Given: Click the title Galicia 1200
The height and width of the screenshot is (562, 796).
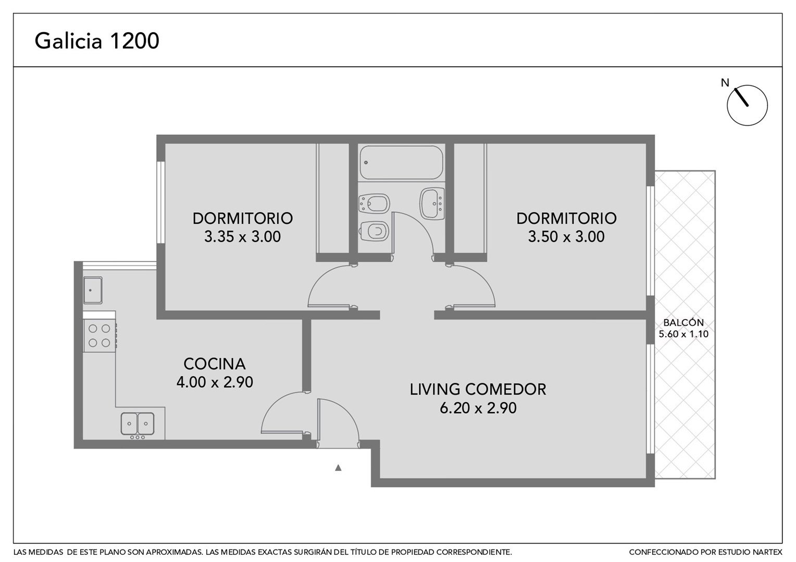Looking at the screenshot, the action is click(97, 41).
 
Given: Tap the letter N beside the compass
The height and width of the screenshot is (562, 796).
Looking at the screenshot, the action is click(725, 83).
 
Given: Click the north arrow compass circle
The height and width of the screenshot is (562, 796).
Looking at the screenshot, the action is click(747, 105).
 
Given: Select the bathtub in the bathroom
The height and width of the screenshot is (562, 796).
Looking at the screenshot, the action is click(401, 162).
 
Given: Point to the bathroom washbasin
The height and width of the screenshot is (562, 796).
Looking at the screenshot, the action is click(432, 204).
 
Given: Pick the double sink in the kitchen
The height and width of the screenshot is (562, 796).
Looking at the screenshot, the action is click(138, 424).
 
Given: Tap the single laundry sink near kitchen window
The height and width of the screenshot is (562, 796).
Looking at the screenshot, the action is click(93, 290).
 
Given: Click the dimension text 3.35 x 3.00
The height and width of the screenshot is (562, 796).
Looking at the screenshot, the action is click(242, 237).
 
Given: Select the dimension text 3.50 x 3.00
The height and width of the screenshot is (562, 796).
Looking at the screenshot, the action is click(566, 237).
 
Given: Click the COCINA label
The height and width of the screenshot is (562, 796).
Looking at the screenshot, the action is click(214, 364).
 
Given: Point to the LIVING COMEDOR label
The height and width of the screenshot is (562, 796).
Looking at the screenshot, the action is click(478, 389).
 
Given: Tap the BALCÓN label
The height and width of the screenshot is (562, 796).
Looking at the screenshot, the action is click(683, 322).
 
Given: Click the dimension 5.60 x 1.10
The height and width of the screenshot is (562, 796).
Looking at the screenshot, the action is click(683, 334).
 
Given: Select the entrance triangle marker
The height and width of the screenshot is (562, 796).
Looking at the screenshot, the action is click(338, 468).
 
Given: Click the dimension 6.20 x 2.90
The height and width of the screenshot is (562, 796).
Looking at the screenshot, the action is click(478, 408).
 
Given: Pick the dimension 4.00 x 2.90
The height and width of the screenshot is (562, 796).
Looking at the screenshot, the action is click(215, 382).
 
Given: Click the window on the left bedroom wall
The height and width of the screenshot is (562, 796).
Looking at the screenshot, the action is click(160, 202).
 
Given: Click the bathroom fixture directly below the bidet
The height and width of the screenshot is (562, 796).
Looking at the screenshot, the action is click(374, 232).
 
